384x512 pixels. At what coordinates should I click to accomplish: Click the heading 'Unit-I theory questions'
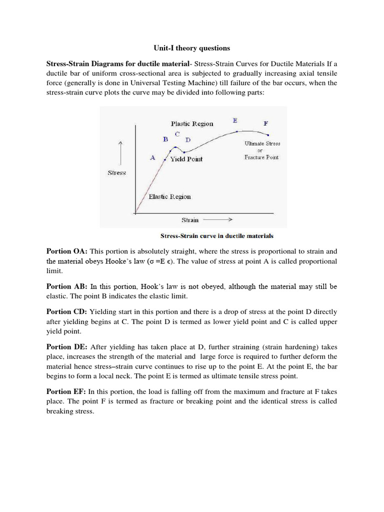point(191,48)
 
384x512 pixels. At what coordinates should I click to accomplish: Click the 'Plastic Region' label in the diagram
point(191,123)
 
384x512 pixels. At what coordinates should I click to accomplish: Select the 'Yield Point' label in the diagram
point(186,159)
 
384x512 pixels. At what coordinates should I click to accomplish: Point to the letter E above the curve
point(235,120)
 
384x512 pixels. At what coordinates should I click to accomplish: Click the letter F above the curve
point(265,123)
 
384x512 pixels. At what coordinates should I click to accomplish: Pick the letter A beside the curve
point(153,157)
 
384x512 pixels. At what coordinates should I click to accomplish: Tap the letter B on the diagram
point(165,139)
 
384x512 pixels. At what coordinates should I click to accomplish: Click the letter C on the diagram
point(177,134)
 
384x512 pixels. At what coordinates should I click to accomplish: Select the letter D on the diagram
point(187,140)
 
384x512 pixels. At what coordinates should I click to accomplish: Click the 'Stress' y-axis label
point(116,173)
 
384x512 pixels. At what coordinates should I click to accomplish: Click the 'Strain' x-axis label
point(189,219)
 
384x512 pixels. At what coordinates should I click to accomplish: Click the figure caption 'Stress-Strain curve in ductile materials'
point(216,235)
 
